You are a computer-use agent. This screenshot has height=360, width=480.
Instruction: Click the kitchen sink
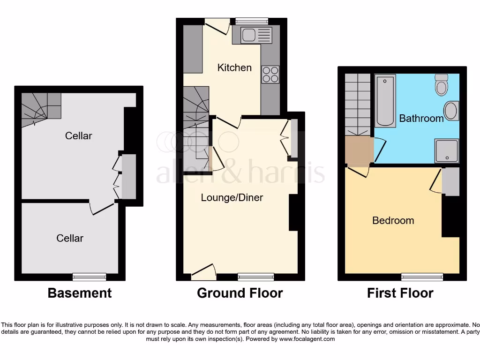click(255, 36)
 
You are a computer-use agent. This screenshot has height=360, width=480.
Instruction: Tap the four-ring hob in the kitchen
click(270, 75)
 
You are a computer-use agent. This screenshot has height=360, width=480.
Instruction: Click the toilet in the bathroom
click(442, 85)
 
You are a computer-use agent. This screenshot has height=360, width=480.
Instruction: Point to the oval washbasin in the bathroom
click(451, 111)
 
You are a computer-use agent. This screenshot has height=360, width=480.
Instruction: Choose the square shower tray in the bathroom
click(446, 150)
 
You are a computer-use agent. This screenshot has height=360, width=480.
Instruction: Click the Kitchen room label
click(234, 67)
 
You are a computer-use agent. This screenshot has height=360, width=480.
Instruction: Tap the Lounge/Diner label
click(232, 197)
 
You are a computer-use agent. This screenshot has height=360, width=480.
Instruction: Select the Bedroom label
click(393, 220)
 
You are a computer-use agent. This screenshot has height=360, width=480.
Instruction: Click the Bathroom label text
click(421, 119)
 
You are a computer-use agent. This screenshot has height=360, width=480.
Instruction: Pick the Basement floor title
click(80, 293)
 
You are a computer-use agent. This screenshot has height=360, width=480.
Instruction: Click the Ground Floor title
click(240, 293)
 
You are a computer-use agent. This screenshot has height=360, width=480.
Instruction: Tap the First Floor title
click(400, 293)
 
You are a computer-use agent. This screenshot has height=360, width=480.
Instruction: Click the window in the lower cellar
click(89, 277)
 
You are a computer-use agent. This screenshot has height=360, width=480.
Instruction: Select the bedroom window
click(422, 277)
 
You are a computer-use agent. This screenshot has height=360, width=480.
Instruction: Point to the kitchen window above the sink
click(252, 21)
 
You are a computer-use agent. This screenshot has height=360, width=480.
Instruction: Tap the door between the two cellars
click(102, 208)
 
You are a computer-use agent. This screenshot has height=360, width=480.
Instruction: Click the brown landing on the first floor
click(359, 151)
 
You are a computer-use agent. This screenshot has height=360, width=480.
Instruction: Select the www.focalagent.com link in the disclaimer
click(307, 339)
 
